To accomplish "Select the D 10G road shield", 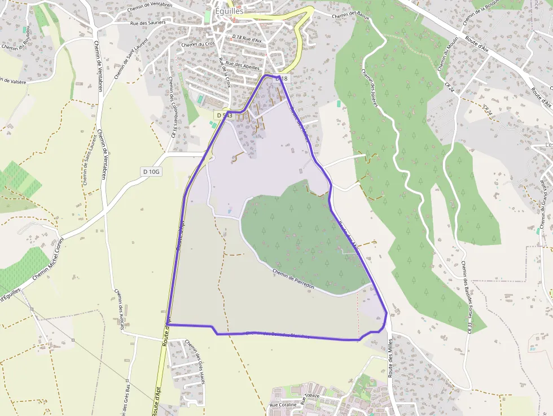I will pyautogui.click(x=151, y=171).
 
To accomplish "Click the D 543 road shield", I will pyautogui.click(x=223, y=115).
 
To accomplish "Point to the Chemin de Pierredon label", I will pyautogui.click(x=293, y=279).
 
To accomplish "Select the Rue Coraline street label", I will pyautogui.click(x=282, y=405).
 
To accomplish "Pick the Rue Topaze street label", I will pyautogui.click(x=310, y=399).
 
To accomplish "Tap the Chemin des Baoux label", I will pyautogui.click(x=350, y=16).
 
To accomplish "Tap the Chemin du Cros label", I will pyautogui.click(x=198, y=44).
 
